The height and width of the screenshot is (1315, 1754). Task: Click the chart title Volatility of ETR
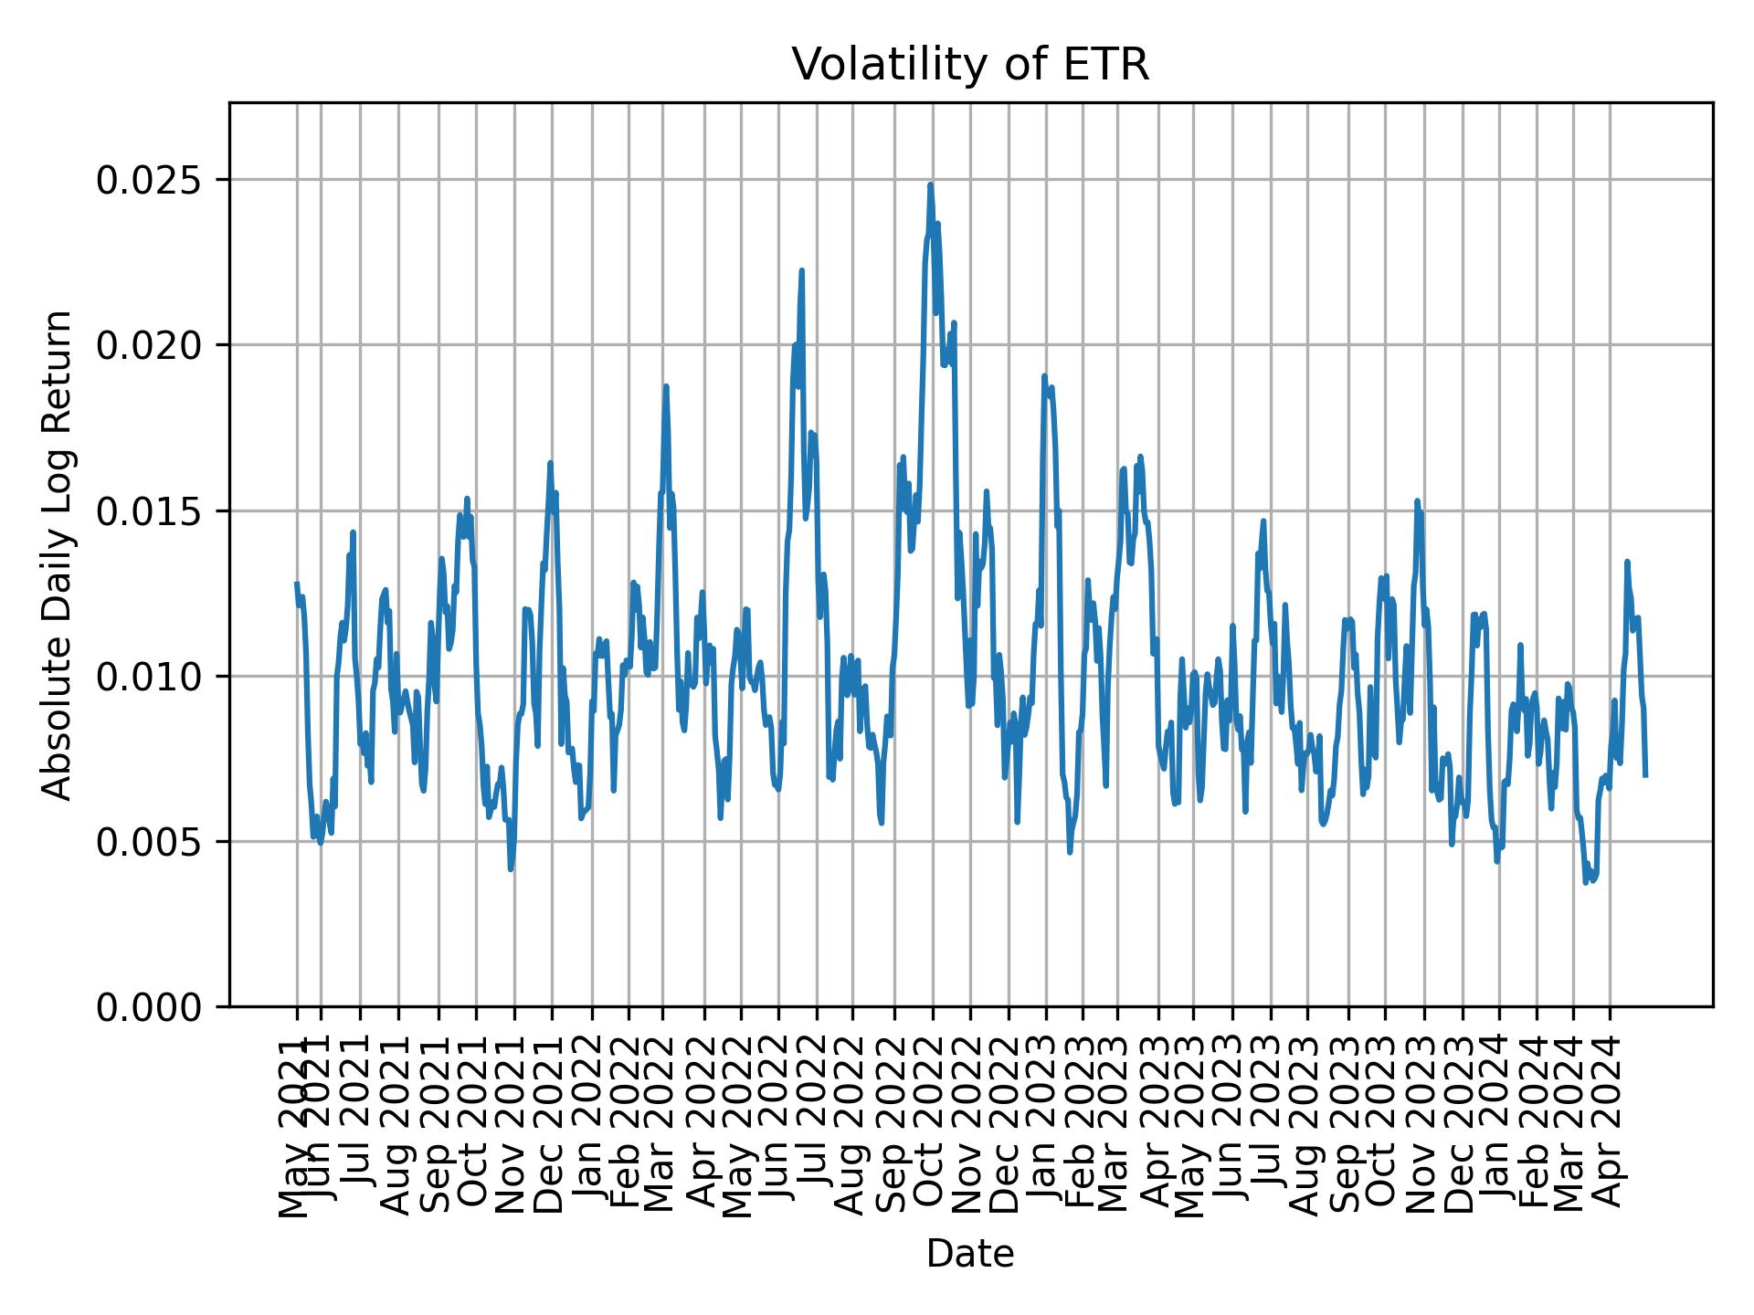(x=969, y=65)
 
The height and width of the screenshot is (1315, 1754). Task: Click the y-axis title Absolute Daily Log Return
(x=58, y=555)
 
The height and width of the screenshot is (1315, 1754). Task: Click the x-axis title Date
(x=969, y=1254)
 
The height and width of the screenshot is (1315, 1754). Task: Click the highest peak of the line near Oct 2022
(x=930, y=185)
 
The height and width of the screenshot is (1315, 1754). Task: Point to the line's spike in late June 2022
(x=801, y=271)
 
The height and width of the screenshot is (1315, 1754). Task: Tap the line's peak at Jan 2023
(x=1044, y=376)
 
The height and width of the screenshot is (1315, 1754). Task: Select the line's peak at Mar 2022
(x=666, y=386)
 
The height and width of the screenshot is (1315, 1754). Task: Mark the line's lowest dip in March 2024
(x=1586, y=881)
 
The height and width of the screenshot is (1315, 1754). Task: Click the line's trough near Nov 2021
(x=511, y=868)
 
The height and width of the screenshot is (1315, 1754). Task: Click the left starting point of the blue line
(x=297, y=583)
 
